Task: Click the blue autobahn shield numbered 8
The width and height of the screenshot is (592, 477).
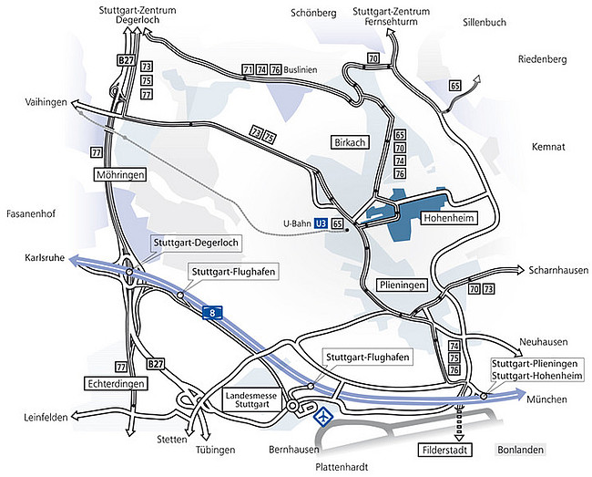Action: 211,311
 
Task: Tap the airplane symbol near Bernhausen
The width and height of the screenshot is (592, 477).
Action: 323,417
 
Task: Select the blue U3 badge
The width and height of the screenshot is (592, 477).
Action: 320,222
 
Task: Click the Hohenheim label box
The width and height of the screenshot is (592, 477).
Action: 446,218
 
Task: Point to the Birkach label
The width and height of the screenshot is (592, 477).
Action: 350,140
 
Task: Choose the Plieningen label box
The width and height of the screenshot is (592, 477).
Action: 401,285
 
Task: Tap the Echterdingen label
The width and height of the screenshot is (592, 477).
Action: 117,384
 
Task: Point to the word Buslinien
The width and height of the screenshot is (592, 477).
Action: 300,68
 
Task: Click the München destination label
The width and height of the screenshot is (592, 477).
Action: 546,399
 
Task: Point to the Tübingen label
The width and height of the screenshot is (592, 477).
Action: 215,451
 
